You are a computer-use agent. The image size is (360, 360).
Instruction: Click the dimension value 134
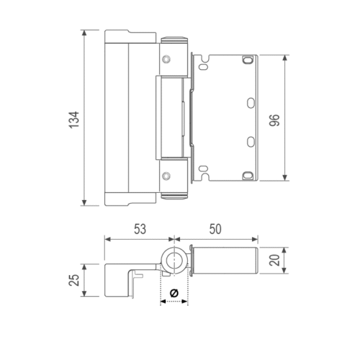coord(74,120)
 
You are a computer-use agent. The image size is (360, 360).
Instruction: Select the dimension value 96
coord(274,120)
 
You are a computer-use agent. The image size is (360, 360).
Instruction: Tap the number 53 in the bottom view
coord(140,229)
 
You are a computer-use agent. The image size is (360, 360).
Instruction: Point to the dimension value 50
coord(215,229)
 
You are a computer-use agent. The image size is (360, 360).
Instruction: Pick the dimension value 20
coord(274,260)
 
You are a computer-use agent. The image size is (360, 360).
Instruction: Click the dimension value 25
coord(74,280)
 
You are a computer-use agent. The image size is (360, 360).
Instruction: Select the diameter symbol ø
coord(174,293)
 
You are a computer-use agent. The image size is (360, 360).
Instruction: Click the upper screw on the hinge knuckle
coord(166,59)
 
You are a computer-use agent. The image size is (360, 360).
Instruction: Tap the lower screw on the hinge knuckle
coord(166,176)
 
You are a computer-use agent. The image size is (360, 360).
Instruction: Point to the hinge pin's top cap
coord(174,40)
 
